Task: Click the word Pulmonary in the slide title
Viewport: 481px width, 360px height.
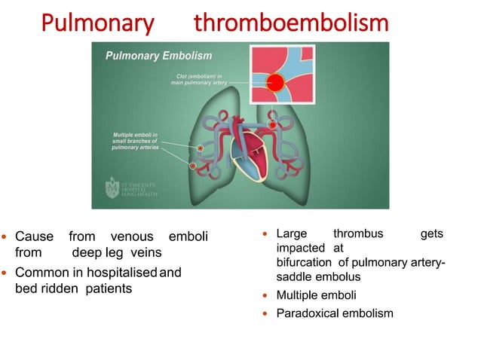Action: (x=97, y=23)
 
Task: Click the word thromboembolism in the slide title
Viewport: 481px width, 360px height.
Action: (x=291, y=23)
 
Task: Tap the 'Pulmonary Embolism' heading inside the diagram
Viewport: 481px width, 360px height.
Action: (x=158, y=56)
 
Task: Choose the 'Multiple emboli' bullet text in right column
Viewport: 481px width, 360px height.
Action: (x=317, y=294)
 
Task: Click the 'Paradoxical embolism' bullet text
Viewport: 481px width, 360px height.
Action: (x=335, y=312)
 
